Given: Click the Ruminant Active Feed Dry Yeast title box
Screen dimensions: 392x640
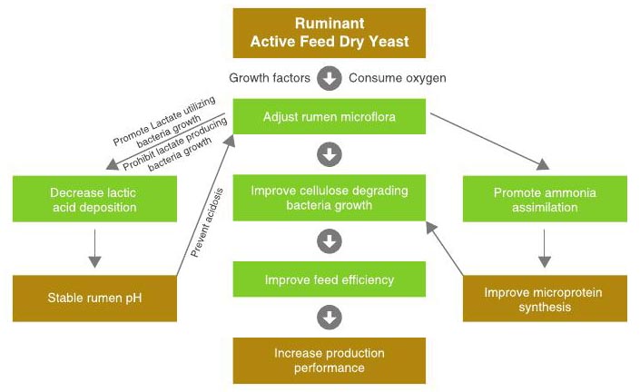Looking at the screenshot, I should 329,33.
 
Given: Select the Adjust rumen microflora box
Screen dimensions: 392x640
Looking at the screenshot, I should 329,117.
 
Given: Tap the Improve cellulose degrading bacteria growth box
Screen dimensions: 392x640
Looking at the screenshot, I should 329,198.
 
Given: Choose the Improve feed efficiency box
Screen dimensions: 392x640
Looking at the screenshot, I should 329,279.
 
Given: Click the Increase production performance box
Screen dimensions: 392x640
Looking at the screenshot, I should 329,359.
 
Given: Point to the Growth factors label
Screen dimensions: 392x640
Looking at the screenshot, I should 270,78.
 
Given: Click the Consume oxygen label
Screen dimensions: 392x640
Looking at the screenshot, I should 398,78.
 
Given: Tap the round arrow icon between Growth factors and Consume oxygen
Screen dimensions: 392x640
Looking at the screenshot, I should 330,78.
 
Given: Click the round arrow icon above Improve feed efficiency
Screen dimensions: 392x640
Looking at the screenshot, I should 330,240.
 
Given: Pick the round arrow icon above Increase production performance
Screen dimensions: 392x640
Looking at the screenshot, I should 330,318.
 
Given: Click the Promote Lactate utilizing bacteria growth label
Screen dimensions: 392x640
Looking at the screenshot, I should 163,122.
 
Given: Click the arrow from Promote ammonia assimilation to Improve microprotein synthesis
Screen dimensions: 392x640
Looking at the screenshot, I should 545,247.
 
